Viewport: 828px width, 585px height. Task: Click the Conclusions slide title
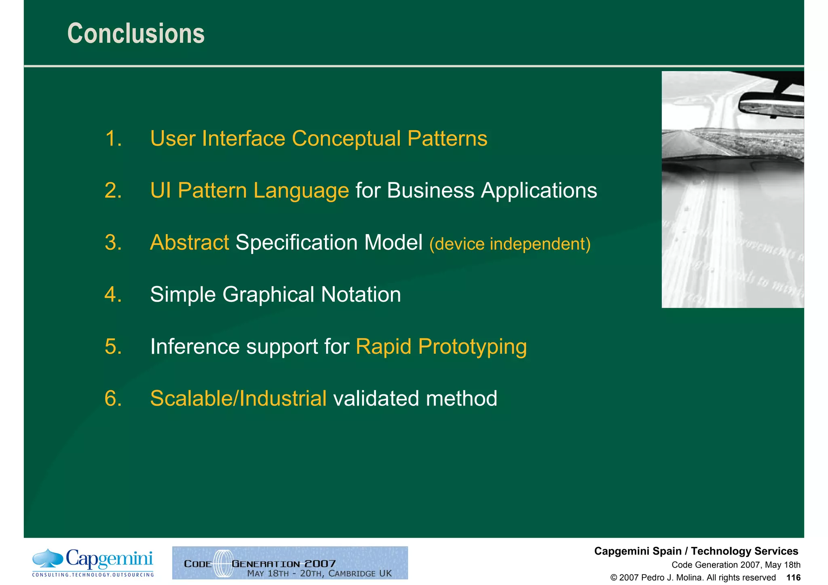pos(136,34)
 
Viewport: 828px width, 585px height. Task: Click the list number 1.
pos(113,139)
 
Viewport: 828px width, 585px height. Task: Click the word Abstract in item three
pos(189,243)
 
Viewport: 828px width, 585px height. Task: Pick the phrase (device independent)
pos(510,244)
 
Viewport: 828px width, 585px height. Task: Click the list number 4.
pos(113,294)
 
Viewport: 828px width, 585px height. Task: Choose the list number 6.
pos(113,398)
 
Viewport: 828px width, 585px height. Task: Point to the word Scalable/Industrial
pos(238,398)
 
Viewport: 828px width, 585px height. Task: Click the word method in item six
pos(461,398)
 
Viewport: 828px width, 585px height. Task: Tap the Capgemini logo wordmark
pos(109,560)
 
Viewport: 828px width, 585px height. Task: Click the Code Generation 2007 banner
pos(290,563)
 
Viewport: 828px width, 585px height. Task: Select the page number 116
pos(793,578)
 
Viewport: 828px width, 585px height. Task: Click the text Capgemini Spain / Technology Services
pos(696,551)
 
